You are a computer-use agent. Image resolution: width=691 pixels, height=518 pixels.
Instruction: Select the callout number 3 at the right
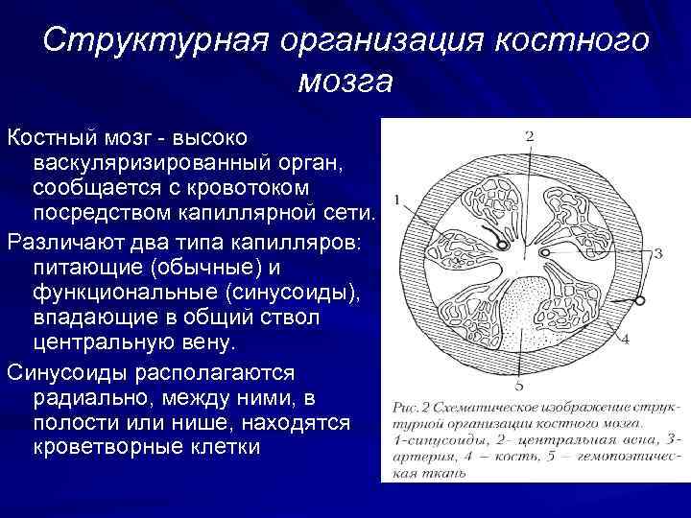657,254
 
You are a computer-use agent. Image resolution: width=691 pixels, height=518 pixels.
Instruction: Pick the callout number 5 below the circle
519,386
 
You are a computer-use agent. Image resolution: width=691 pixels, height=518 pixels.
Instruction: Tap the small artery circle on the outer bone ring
637,302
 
